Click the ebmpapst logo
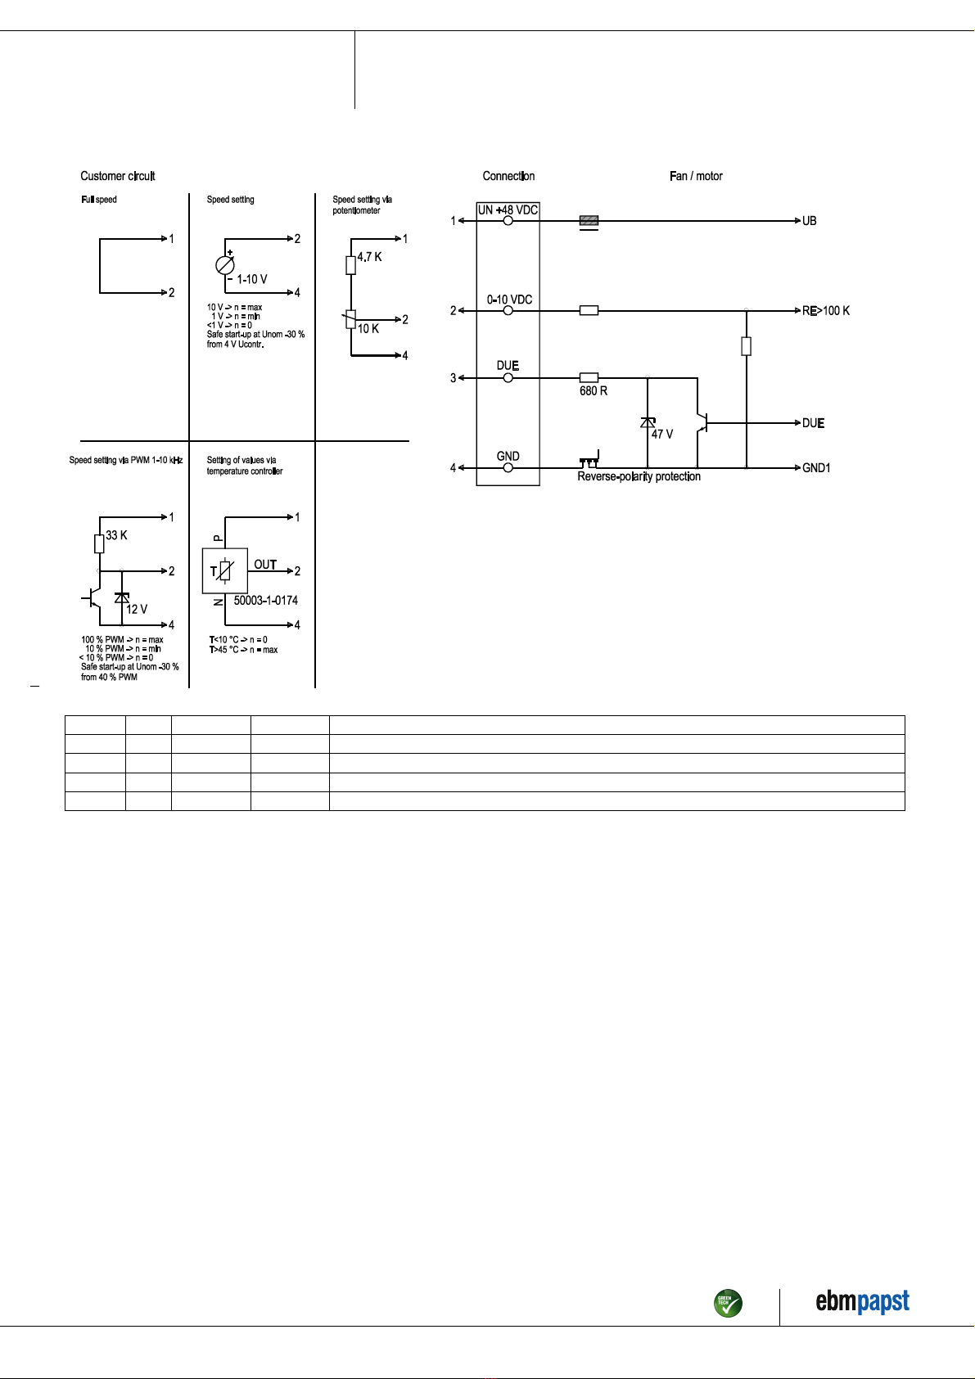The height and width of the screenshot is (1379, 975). pyautogui.click(x=862, y=1301)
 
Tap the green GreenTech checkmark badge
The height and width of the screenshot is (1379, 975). pyautogui.click(x=728, y=1303)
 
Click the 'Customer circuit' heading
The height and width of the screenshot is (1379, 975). pyautogui.click(x=118, y=176)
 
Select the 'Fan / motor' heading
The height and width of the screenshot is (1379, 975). pyautogui.click(x=696, y=176)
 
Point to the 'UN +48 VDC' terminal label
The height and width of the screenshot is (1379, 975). pyautogui.click(x=508, y=210)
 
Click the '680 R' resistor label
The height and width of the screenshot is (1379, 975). pyautogui.click(x=594, y=391)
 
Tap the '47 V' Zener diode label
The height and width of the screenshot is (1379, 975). pyautogui.click(x=662, y=434)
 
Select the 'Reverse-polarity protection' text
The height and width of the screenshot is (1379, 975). pyautogui.click(x=639, y=476)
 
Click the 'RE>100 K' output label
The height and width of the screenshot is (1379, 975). pyautogui.click(x=826, y=311)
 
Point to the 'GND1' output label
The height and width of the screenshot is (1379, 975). pyautogui.click(x=816, y=468)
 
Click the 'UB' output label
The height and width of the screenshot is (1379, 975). pyautogui.click(x=810, y=221)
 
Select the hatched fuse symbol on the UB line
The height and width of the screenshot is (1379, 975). pyautogui.click(x=589, y=220)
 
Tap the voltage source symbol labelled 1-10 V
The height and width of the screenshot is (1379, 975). pyautogui.click(x=225, y=265)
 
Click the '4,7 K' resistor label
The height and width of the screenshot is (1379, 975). pyautogui.click(x=369, y=257)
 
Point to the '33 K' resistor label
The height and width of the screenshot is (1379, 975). pyautogui.click(x=116, y=535)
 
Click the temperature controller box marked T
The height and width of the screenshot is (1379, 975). pyautogui.click(x=225, y=570)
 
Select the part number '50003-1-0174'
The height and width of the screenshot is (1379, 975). pyautogui.click(x=265, y=600)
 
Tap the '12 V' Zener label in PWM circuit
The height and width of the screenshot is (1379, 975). pyautogui.click(x=137, y=610)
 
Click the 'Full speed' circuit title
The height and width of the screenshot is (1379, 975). pyautogui.click(x=98, y=200)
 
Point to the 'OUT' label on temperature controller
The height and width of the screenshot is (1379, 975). pyautogui.click(x=265, y=565)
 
